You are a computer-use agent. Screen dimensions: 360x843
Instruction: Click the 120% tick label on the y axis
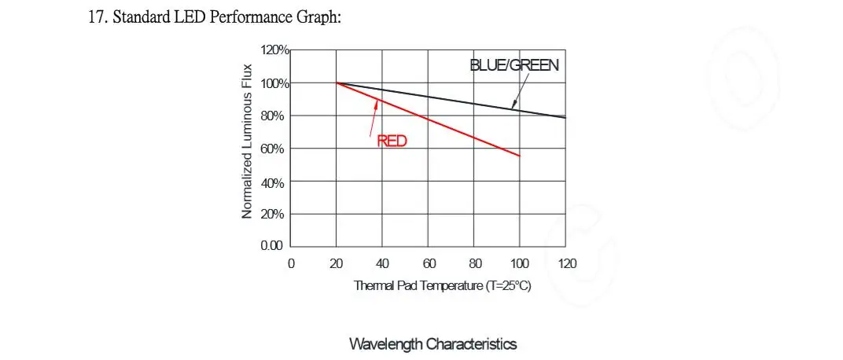[x=275, y=50]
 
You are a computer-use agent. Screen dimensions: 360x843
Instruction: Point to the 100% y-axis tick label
[x=275, y=83]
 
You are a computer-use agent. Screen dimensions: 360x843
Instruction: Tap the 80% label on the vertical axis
[x=277, y=116]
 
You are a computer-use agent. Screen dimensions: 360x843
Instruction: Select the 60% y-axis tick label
[x=277, y=149]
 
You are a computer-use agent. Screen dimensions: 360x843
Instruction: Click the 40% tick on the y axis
[x=277, y=182]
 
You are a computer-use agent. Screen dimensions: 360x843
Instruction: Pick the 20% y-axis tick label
[x=277, y=214]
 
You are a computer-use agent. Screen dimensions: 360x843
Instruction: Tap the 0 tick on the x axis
[x=291, y=263]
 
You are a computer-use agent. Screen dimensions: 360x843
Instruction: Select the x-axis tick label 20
[x=337, y=263]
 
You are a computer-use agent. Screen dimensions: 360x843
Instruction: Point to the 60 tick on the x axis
[x=429, y=263]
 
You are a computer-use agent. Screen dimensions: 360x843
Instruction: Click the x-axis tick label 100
[x=519, y=263]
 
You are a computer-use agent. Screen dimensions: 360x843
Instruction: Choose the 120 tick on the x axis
[x=566, y=263]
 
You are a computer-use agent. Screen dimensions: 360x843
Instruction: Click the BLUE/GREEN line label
[x=514, y=65]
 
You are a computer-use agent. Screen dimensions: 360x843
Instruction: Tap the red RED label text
[x=392, y=141]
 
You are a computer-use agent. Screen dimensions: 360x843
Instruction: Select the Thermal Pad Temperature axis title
[x=443, y=285]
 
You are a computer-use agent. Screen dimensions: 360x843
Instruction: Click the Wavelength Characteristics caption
[x=433, y=344]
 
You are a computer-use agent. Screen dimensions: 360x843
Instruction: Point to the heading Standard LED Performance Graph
[x=215, y=17]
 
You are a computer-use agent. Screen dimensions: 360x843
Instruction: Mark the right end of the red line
[x=520, y=156]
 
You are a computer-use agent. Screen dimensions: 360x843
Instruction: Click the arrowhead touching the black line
[x=512, y=106]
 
